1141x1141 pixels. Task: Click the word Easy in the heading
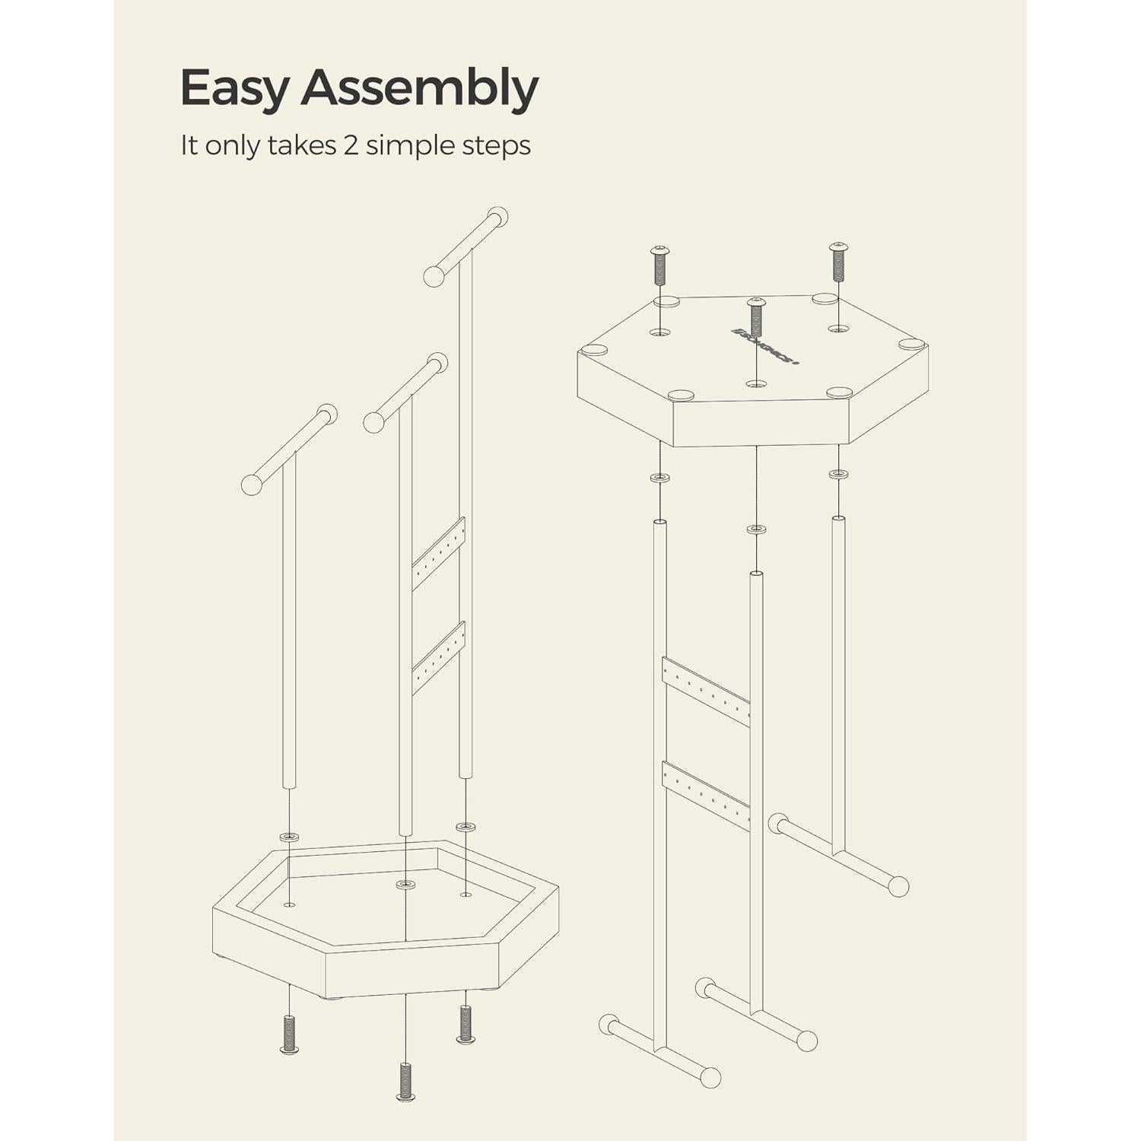point(234,88)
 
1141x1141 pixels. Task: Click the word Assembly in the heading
point(420,88)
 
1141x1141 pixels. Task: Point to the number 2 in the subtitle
point(350,145)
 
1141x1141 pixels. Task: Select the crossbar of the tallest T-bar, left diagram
point(466,246)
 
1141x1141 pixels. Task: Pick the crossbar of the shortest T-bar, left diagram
point(289,450)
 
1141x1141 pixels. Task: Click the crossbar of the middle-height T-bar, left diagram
point(405,393)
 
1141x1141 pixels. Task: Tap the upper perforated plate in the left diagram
point(438,553)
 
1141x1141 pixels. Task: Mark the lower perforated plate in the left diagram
point(438,657)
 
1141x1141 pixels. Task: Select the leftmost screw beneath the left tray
point(289,1035)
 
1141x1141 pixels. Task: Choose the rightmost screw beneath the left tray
point(466,1024)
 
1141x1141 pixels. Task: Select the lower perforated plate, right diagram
point(706,795)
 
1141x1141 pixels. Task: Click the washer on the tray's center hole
point(405,884)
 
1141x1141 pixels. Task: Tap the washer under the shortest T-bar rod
point(289,837)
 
